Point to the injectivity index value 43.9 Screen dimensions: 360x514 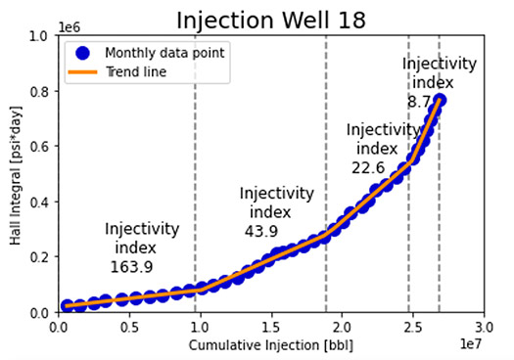coord(261,231)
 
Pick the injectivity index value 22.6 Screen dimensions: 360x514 coord(368,167)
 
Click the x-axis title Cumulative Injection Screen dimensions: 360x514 coord(270,345)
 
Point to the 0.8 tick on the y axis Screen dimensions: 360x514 coord(40,92)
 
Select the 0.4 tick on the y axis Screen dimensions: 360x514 coord(40,202)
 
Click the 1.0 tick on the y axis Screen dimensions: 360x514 coord(40,36)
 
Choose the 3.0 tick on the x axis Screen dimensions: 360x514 coord(483,326)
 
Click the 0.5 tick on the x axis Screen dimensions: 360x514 coord(128,326)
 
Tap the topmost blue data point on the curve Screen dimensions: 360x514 coord(441,101)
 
